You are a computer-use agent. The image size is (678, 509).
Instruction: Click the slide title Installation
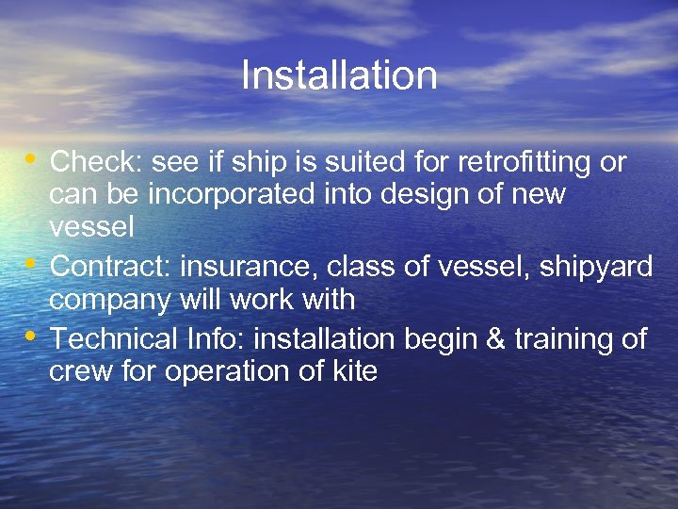tap(339, 75)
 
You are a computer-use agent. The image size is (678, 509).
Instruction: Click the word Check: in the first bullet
tap(96, 162)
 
